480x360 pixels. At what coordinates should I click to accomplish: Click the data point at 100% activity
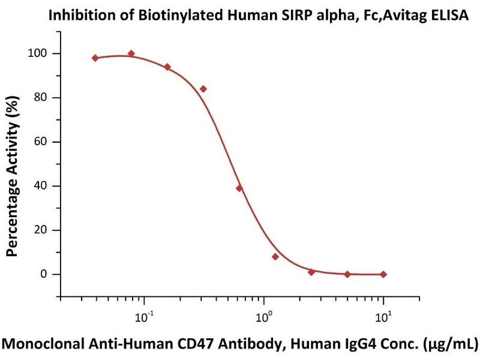point(131,53)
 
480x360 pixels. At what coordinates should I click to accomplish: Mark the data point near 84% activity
point(203,89)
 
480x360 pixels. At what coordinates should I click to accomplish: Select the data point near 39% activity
point(239,188)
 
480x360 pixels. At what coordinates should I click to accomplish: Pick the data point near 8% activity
point(275,257)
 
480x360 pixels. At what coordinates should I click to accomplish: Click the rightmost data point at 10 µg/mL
point(383,274)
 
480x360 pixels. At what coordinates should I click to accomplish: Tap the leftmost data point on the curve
point(95,58)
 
